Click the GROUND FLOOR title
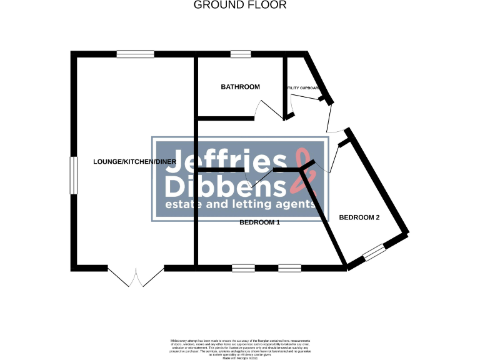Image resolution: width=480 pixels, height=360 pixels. pos(240,5)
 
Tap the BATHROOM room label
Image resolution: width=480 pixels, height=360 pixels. pos(240,87)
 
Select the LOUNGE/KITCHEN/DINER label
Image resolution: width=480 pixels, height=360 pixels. pos(134,162)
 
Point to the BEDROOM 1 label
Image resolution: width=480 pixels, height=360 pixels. pos(260,222)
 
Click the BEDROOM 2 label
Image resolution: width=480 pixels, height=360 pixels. pos(359,217)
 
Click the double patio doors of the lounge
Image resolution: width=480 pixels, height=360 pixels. pos(136,277)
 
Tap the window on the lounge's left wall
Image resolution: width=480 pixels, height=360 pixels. pos(73,176)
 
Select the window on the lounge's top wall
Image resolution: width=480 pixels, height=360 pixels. pos(135,54)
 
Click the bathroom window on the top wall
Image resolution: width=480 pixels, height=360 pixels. pos(241,54)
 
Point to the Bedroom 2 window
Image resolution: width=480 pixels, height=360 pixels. pos(374,252)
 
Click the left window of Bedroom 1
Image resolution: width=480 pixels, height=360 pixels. pos(243,268)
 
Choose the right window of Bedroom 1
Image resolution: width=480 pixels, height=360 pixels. pos(289,268)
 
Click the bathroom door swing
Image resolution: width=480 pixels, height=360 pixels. pos(269,111)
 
